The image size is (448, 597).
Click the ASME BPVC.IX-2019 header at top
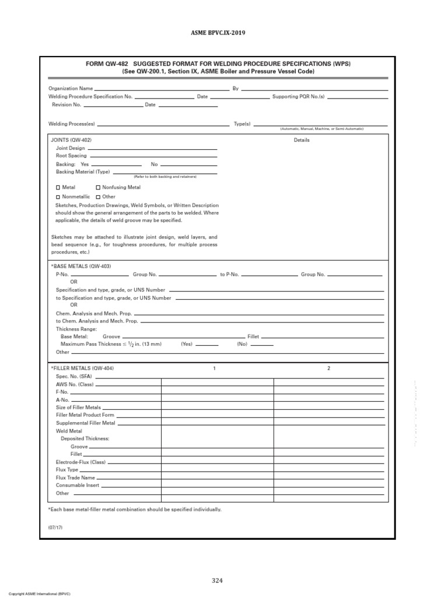pyautogui.click(x=223, y=33)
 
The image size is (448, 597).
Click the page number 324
pyautogui.click(x=217, y=580)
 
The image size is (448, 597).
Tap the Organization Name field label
pyautogui.click(x=70, y=89)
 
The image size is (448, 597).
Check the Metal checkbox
pyautogui.click(x=58, y=188)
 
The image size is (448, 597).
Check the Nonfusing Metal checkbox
pyautogui.click(x=98, y=188)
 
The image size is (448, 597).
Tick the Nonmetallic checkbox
pyautogui.click(x=58, y=197)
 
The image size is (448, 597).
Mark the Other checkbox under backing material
pyautogui.click(x=98, y=197)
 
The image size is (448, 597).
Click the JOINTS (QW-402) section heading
pyautogui.click(x=71, y=140)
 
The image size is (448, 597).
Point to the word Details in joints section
pyautogui.click(x=302, y=140)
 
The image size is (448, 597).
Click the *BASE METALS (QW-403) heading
pyautogui.click(x=81, y=266)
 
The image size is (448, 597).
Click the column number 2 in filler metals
pyautogui.click(x=328, y=368)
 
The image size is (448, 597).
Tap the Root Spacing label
pyautogui.click(x=71, y=156)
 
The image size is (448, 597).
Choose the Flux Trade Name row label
pyautogui.click(x=75, y=477)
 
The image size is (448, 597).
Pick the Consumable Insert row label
pyautogui.click(x=78, y=485)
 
